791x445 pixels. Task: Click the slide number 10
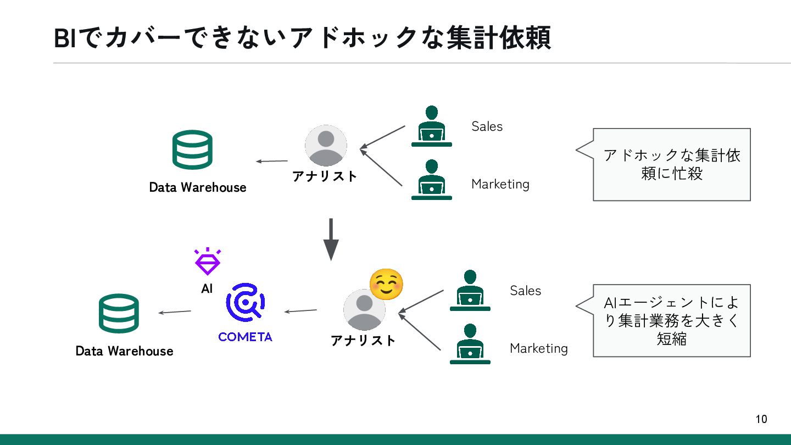[x=761, y=419]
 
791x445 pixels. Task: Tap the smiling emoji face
[x=386, y=285]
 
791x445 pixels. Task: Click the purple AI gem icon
[x=207, y=262]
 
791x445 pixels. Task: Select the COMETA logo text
[x=245, y=337]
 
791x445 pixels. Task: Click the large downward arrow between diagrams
[x=331, y=240]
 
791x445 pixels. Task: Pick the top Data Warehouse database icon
[x=192, y=149]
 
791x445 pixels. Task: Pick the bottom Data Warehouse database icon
[x=119, y=314]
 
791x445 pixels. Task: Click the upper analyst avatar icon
[x=326, y=146]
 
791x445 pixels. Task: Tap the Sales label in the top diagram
[x=487, y=126]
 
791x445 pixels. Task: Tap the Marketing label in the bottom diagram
[x=538, y=348]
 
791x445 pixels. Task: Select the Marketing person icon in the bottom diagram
[x=470, y=344]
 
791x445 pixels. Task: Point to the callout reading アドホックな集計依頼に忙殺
[x=671, y=164]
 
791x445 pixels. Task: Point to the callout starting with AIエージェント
[x=671, y=321]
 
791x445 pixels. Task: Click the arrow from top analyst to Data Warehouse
[x=272, y=161]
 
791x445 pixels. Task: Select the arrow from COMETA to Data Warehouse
[x=175, y=312]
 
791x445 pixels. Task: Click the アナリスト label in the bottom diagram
[x=363, y=341]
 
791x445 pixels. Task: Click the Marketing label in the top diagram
[x=500, y=184]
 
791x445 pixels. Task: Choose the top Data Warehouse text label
[x=198, y=187]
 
